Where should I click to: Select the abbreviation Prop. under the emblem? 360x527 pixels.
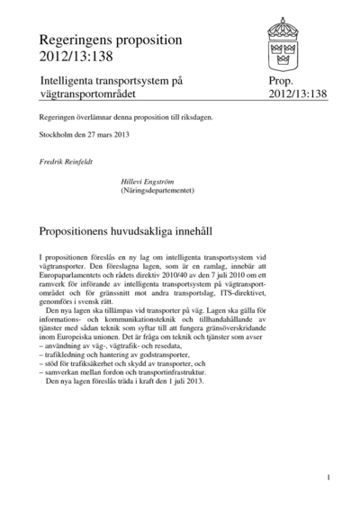click(280, 81)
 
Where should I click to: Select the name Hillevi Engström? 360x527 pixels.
click(148, 181)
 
